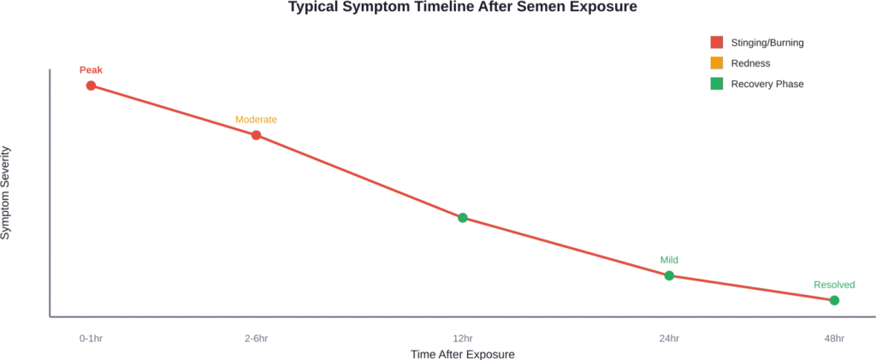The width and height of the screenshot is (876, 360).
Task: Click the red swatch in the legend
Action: coord(714,42)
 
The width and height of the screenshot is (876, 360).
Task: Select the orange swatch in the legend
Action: coord(714,62)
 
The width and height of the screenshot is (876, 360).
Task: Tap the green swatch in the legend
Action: coord(714,84)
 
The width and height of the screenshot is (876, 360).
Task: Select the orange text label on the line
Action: coord(256,121)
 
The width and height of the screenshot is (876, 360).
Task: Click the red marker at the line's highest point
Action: coord(90,86)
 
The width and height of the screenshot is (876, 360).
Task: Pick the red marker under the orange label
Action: coord(256,135)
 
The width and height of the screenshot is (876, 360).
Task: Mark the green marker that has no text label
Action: coord(463,219)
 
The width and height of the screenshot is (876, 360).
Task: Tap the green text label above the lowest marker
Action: coord(833,286)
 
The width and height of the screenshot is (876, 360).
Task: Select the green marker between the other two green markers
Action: coord(670,275)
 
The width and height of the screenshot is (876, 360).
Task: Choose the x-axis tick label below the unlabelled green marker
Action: coord(463,339)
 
